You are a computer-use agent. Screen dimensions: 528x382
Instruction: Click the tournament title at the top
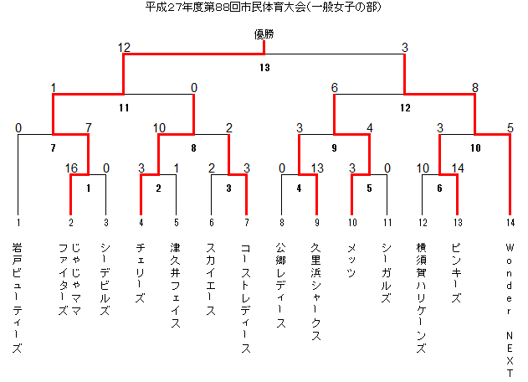coord(264,7)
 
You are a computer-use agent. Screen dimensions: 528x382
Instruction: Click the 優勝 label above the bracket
coord(264,34)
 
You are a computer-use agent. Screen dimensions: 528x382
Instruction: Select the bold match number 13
coord(264,68)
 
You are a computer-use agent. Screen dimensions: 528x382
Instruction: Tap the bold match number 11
coord(124,108)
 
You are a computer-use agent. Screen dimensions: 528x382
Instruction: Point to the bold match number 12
coord(405,108)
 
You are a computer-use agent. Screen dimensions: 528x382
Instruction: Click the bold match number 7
coord(54,148)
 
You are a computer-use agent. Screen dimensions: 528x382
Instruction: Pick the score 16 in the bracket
coord(71,168)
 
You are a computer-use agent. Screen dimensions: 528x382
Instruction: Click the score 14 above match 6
coord(458,168)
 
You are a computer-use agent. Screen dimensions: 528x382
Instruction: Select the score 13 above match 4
coord(317,168)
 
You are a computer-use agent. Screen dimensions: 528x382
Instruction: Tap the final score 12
coord(124,48)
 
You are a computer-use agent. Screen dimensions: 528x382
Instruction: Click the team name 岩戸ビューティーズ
coord(18,297)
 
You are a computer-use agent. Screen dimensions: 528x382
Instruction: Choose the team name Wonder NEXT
coord(510,310)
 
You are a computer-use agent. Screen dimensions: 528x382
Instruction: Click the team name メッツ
coord(351,261)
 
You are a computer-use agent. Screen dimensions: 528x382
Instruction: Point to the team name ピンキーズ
coord(456,273)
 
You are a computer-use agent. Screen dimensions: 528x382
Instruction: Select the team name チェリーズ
coord(141,273)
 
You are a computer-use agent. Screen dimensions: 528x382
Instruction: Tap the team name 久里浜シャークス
coord(315,292)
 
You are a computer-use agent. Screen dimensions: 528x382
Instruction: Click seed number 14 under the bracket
coord(510,223)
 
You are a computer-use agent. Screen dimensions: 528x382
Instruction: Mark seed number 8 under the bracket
coord(282,223)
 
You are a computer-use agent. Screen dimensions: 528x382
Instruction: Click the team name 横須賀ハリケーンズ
coord(421,297)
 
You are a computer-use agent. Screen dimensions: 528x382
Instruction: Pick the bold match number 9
coord(334,148)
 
